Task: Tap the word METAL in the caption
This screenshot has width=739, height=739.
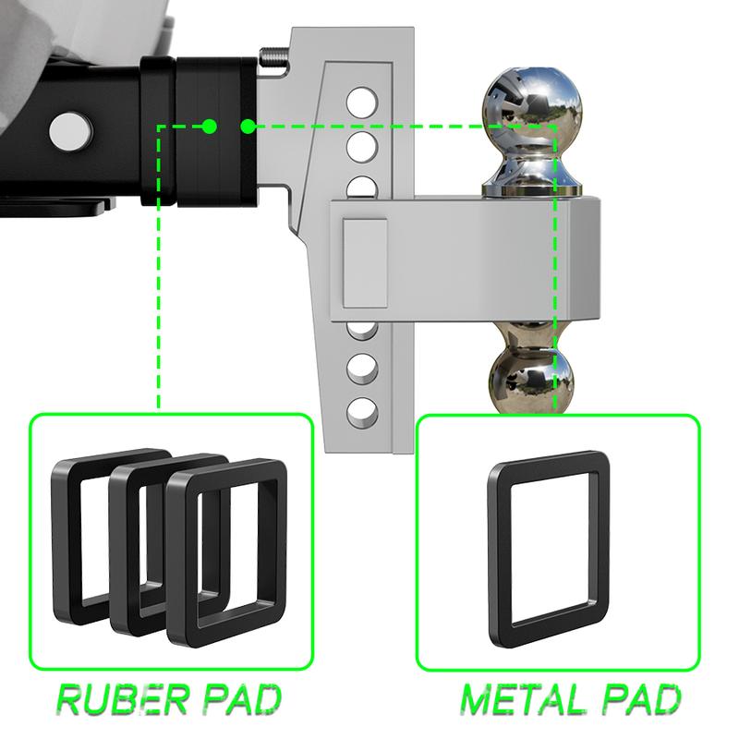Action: [x=518, y=700]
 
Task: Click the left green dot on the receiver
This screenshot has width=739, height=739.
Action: [x=210, y=125]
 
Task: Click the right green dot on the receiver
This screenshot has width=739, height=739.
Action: [x=248, y=125]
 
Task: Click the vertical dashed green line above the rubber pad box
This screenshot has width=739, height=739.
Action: [x=159, y=277]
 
